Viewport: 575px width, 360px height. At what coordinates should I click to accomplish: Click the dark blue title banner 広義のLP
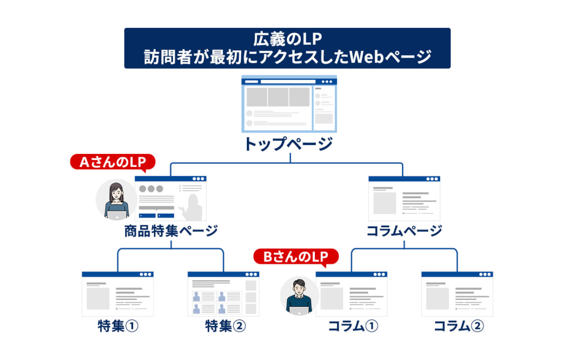coord(287,48)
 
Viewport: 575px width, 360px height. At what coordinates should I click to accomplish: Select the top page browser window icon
coord(289,104)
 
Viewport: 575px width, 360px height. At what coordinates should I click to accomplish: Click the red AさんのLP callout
coord(113,162)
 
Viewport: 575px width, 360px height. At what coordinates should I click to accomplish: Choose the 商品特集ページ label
coord(171,231)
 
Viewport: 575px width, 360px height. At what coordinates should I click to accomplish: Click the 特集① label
coord(118,326)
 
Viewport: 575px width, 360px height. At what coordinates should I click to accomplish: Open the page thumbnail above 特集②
coord(223,294)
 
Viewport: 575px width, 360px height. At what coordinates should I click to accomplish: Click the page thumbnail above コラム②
coord(457,294)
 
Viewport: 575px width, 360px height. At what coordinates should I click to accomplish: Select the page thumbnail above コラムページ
coord(404,198)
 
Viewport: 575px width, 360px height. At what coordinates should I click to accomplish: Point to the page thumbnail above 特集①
coord(117,294)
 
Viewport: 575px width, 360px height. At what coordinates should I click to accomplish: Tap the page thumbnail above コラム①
coord(351,294)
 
